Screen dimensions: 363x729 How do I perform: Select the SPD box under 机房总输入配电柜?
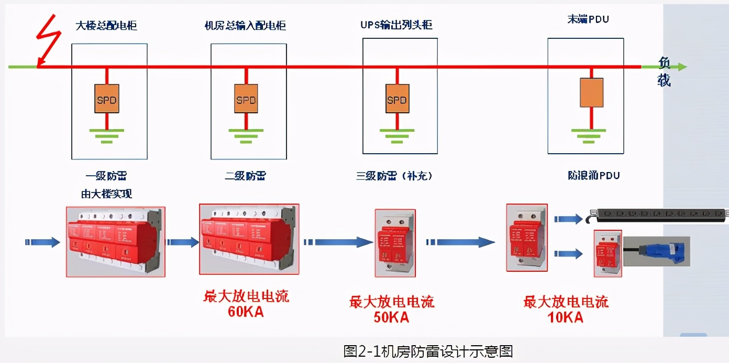click(x=246, y=98)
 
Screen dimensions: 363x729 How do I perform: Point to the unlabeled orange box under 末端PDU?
click(x=591, y=93)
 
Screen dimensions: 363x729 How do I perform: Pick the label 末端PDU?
click(x=588, y=19)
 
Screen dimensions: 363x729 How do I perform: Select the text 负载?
click(x=664, y=72)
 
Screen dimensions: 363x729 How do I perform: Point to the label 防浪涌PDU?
click(x=593, y=175)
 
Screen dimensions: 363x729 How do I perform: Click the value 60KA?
click(x=246, y=312)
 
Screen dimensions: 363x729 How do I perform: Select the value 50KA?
click(x=391, y=317)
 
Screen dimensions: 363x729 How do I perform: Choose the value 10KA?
click(x=566, y=317)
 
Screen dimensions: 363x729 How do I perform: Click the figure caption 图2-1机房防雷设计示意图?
click(x=427, y=351)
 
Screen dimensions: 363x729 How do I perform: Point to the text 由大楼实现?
click(x=107, y=194)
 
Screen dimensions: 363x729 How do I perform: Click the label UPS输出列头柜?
click(x=396, y=25)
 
